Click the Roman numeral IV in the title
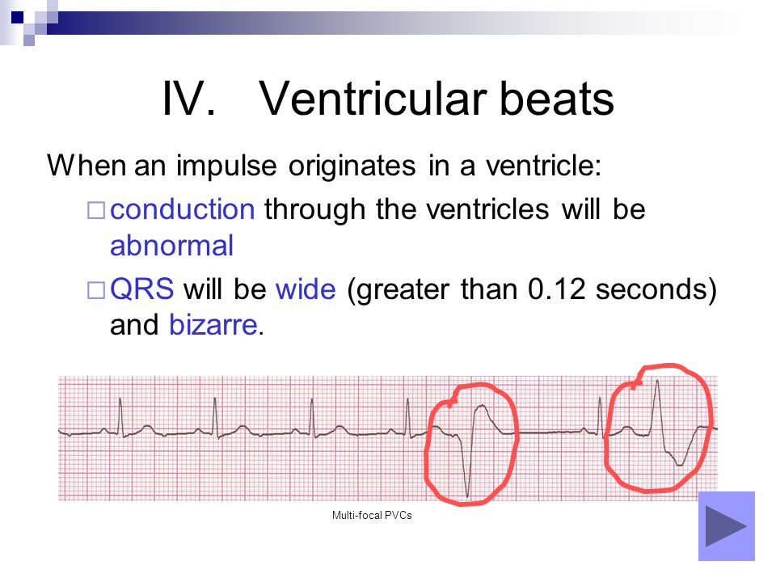[188, 99]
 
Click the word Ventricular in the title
[373, 99]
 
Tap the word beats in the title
[557, 99]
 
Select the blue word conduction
[182, 209]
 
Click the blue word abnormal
[171, 246]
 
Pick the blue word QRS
[142, 289]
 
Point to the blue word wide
[306, 289]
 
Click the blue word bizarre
[213, 325]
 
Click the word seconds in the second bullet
[652, 289]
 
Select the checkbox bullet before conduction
[96, 210]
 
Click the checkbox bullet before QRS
[96, 290]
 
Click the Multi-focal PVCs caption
[372, 515]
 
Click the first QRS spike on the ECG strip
[120, 417]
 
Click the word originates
[352, 165]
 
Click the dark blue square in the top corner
[17, 17]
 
